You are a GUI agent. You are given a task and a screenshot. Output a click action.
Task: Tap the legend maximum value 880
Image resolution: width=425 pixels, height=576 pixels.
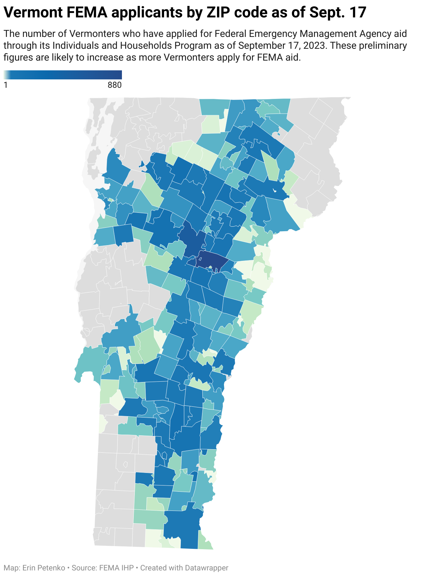click(115, 85)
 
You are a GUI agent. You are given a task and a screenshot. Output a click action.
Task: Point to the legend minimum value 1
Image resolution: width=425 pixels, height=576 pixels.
click(6, 85)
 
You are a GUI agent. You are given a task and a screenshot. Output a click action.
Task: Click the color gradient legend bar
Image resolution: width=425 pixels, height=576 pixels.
click(63, 75)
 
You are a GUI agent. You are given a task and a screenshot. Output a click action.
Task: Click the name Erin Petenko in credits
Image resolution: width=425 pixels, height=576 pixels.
click(44, 568)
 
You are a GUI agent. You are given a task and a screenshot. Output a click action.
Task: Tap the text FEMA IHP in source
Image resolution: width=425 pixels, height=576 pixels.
click(116, 568)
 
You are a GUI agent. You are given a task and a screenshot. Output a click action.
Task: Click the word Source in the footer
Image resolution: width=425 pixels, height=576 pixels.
click(84, 568)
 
